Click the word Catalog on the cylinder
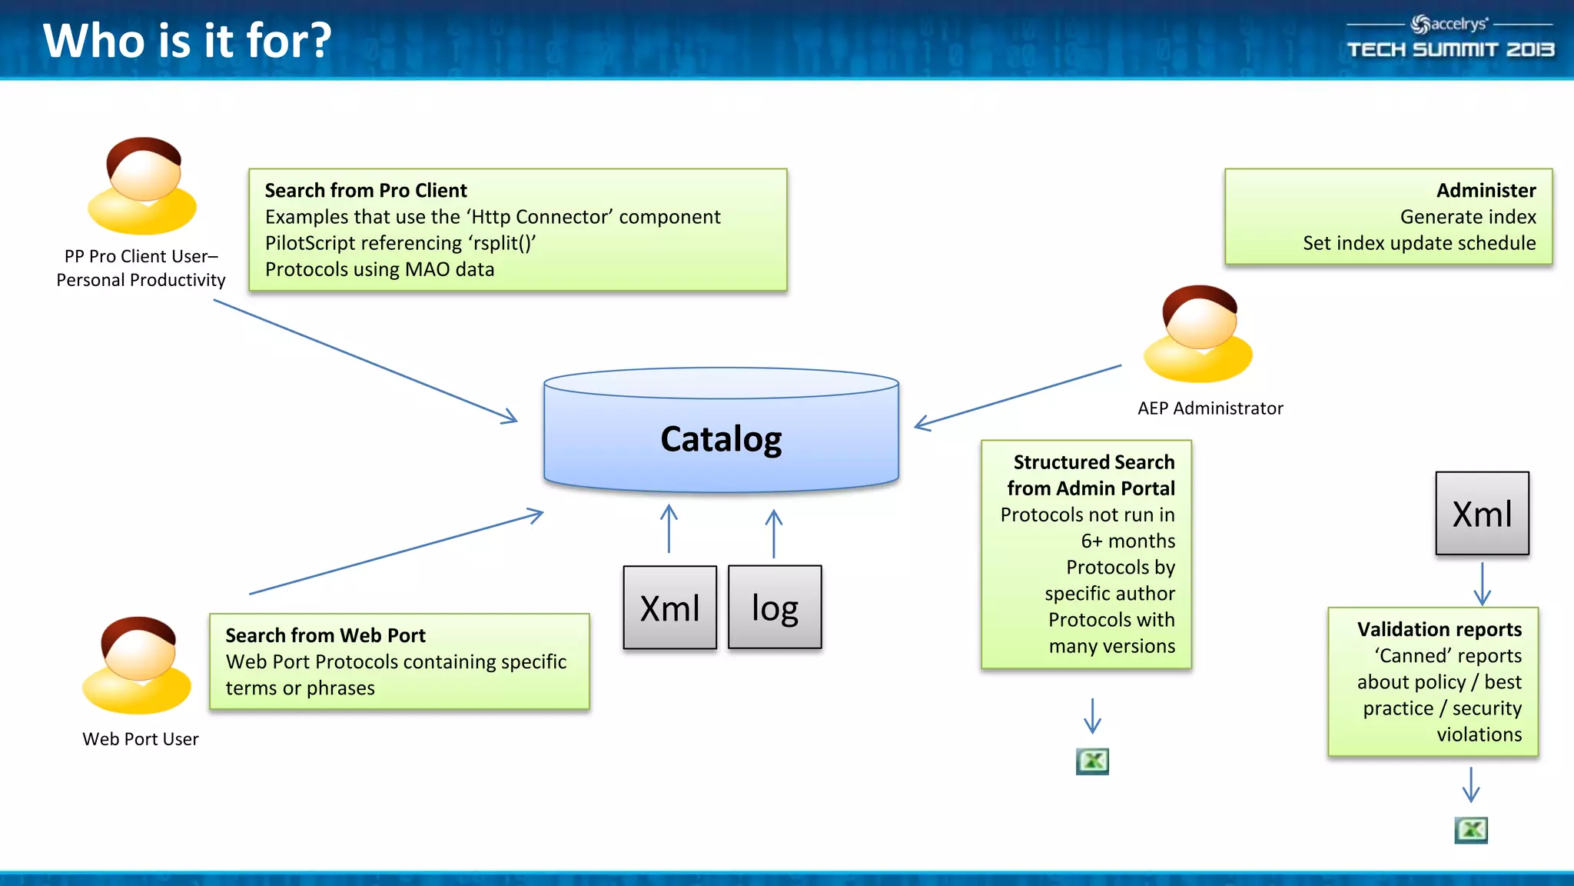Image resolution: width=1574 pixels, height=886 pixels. pyautogui.click(x=721, y=439)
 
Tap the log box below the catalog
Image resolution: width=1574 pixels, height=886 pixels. pyautogui.click(x=775, y=608)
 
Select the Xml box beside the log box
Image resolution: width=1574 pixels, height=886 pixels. pyautogui.click(x=669, y=608)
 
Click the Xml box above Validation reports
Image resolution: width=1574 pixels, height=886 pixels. pyautogui.click(x=1482, y=514)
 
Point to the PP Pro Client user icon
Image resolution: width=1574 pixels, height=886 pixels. pyautogui.click(x=143, y=186)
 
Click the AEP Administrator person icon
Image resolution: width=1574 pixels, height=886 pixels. pyautogui.click(x=1198, y=335)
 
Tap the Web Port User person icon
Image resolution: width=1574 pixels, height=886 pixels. pyautogui.click(x=138, y=665)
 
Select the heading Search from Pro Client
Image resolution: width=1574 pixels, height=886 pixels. pyautogui.click(x=366, y=190)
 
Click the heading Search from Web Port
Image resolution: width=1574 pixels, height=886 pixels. pyautogui.click(x=325, y=635)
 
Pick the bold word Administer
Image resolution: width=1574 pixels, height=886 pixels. pyautogui.click(x=1486, y=190)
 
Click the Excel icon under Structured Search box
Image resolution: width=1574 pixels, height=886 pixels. pyautogui.click(x=1092, y=761)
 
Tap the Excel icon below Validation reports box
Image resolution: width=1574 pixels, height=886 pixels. pyautogui.click(x=1471, y=830)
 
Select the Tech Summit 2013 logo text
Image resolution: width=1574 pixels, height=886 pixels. pyautogui.click(x=1450, y=50)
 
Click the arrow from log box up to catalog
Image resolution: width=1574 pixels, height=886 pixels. pyautogui.click(x=774, y=534)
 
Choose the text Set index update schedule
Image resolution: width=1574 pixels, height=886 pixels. pyautogui.click(x=1419, y=243)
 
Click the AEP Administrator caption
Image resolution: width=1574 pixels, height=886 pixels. pyautogui.click(x=1210, y=408)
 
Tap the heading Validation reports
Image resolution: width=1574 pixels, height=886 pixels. pyautogui.click(x=1439, y=629)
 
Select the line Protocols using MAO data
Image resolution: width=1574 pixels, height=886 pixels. pyautogui.click(x=380, y=269)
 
